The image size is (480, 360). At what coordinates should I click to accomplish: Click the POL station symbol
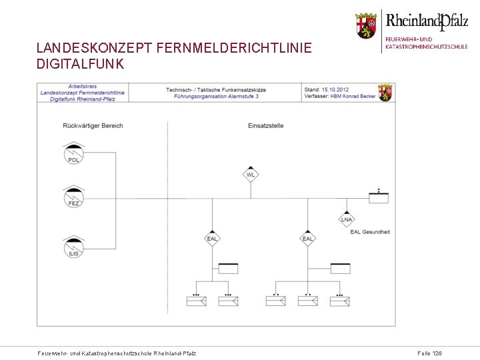73,155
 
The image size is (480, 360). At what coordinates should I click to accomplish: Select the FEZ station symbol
73,197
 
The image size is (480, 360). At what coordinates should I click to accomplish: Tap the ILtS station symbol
73,247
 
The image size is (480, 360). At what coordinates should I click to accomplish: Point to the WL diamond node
251,175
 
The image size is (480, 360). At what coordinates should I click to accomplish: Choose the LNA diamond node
347,219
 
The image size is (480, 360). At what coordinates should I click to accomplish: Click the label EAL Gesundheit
370,232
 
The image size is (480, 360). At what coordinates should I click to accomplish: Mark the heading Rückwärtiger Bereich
93,125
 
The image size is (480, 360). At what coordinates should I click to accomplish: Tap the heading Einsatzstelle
265,125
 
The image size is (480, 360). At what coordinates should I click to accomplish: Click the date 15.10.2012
335,89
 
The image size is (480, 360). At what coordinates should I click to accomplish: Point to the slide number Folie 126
429,353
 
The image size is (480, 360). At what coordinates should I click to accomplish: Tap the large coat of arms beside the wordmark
365,25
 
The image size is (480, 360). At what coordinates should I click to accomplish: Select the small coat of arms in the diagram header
385,93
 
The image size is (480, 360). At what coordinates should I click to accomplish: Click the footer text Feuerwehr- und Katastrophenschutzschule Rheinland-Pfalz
117,353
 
